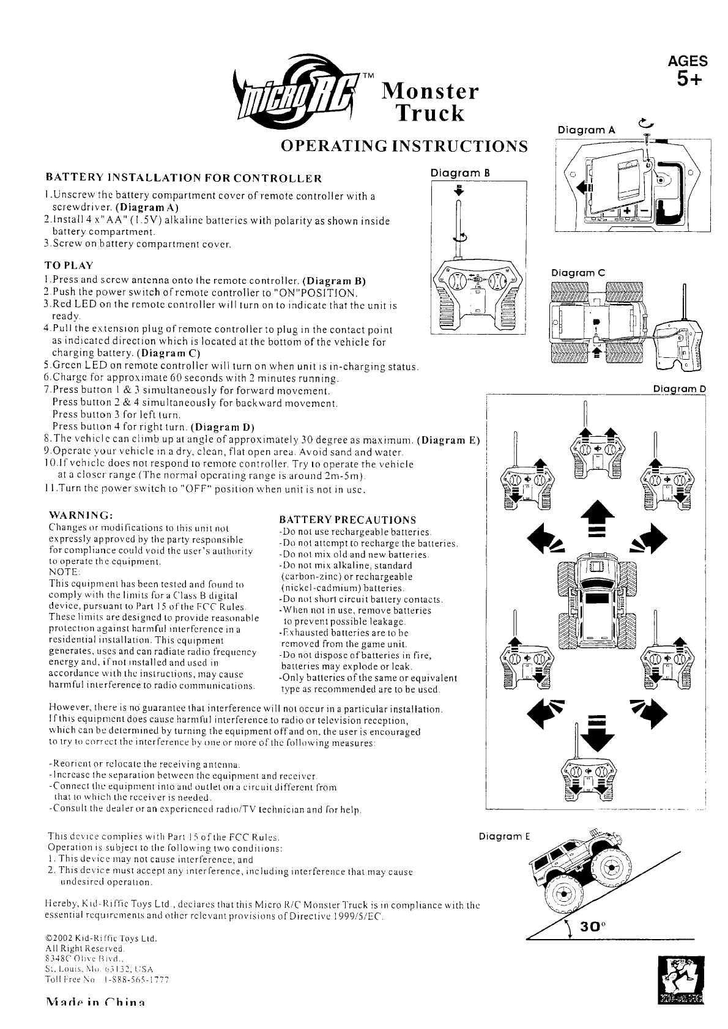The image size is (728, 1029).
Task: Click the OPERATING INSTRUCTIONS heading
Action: pyautogui.click(x=404, y=146)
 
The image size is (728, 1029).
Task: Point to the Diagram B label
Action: pyautogui.click(x=461, y=173)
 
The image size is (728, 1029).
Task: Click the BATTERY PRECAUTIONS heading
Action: pyautogui.click(x=347, y=519)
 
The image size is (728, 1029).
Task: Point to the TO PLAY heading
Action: pyautogui.click(x=69, y=266)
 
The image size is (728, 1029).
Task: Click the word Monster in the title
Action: pyautogui.click(x=429, y=92)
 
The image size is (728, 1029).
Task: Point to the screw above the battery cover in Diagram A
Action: pyautogui.click(x=647, y=135)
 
